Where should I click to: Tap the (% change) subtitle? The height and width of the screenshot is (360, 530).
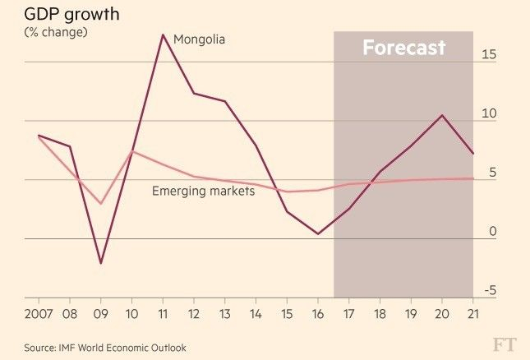tap(56, 32)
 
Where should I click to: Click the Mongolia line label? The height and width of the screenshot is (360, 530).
tap(199, 39)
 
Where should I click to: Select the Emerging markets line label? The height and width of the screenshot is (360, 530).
tap(203, 191)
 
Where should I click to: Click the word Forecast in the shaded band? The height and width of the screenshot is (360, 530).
tap(403, 48)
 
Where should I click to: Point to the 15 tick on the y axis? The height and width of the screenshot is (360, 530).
tap(490, 54)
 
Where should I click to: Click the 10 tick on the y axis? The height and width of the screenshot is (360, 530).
tap(490, 113)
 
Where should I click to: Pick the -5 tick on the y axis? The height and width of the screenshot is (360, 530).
tap(490, 290)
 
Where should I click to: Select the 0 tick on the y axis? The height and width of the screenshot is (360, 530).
tap(493, 232)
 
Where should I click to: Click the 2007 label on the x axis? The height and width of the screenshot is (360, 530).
tap(39, 314)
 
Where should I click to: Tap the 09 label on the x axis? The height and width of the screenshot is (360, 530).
tap(100, 314)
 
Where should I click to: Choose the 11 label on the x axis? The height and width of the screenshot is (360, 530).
tap(163, 314)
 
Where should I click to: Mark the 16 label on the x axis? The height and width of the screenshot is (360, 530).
tap(318, 314)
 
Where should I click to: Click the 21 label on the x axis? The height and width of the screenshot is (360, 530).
tap(472, 314)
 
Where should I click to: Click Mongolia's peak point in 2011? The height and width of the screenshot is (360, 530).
tap(163, 35)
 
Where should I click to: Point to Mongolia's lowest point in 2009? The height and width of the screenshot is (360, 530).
tap(100, 263)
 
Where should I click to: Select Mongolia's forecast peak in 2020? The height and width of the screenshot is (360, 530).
tap(442, 115)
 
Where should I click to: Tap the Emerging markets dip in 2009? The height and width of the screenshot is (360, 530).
tap(100, 203)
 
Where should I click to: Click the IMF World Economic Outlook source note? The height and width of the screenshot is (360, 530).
tap(104, 348)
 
